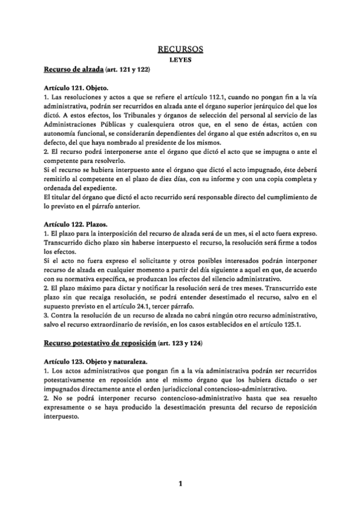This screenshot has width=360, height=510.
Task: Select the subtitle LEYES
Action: click(180, 60)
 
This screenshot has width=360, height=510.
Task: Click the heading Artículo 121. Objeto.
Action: click(76, 88)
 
